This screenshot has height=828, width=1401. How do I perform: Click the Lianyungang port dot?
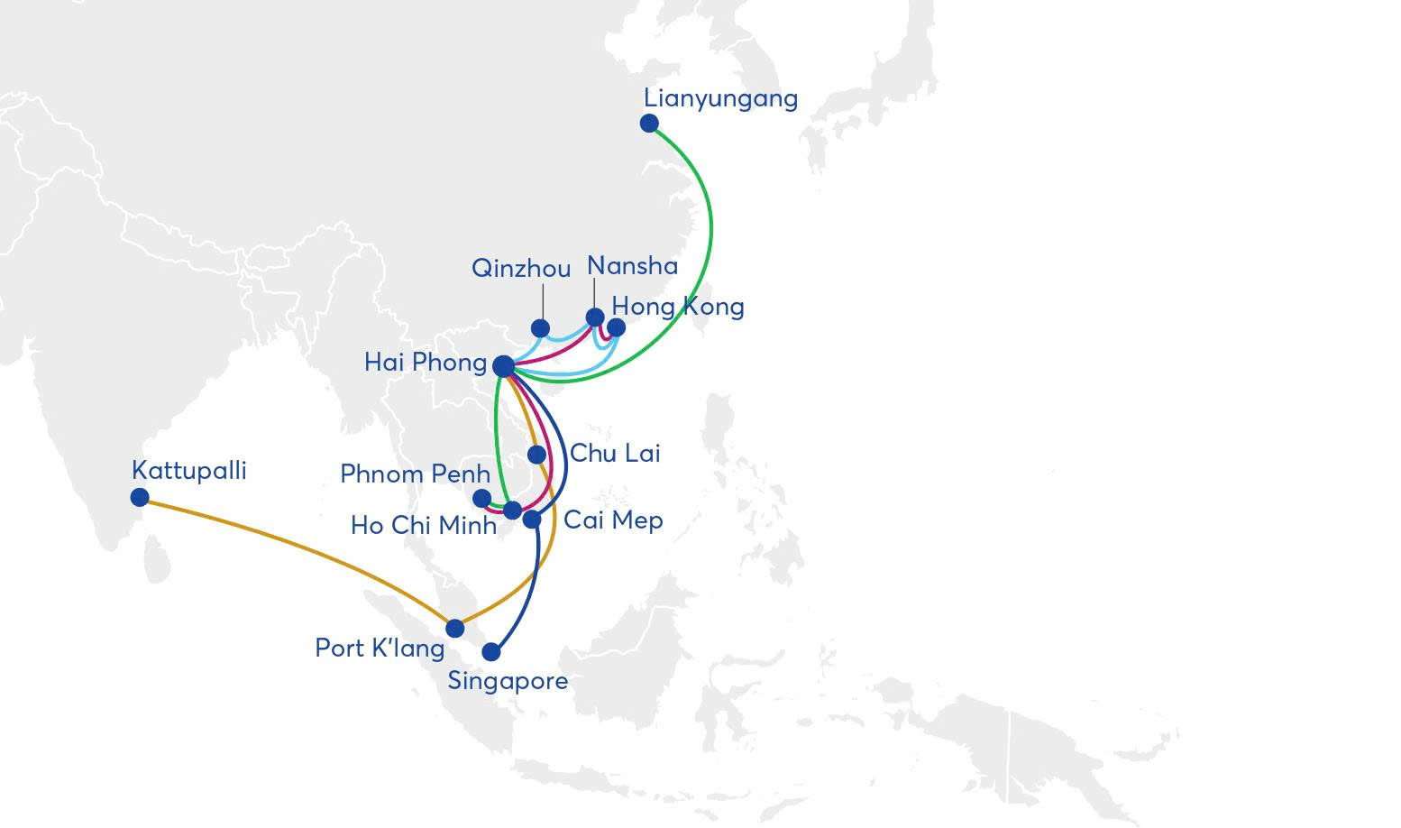649,124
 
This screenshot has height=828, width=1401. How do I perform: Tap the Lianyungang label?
720,99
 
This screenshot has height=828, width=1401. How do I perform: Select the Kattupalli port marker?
140,498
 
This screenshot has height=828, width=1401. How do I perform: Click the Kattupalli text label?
189,471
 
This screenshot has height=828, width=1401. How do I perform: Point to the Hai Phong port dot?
503,366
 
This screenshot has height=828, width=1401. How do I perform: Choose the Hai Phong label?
426,363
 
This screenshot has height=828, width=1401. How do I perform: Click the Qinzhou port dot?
540,328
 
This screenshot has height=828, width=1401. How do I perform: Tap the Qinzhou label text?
521,269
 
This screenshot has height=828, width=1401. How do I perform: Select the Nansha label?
632,266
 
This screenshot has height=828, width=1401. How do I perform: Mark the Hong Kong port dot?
616,327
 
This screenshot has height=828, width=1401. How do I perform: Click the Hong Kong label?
678,307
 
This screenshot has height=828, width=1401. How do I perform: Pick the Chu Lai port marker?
536,455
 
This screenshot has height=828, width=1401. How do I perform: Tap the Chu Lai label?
616,453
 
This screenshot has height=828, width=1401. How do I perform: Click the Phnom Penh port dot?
481,498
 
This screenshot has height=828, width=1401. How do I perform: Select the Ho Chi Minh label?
424,525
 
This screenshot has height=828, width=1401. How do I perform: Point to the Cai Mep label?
613,520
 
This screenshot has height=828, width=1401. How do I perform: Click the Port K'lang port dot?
454,628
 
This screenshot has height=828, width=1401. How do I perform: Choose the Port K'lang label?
380,649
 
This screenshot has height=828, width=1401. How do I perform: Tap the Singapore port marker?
491,652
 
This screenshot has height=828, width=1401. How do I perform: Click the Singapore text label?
508,681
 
